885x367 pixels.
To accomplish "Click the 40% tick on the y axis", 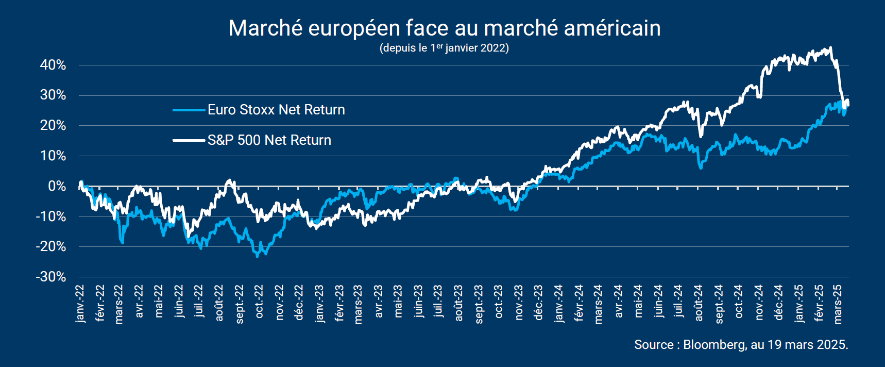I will coord(53,65).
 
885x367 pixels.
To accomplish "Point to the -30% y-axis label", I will coord(51,277).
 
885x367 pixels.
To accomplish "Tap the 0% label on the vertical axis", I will coord(57,186).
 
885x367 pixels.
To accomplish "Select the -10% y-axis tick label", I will coord(51,216).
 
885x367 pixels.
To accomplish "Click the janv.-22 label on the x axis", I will coord(80,304).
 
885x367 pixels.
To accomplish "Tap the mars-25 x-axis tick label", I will coord(838,304).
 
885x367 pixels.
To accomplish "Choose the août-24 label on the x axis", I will coord(699,303).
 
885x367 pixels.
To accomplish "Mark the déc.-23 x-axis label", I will coord(538,303).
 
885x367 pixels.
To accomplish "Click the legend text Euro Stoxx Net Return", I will coord(276,110).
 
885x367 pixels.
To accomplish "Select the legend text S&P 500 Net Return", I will coord(269,140).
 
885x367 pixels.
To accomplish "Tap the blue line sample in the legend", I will coord(189,110).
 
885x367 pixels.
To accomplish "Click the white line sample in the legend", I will coord(189,140).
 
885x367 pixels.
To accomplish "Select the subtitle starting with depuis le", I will coord(444,48).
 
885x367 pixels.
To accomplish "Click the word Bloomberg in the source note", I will coord(714,344).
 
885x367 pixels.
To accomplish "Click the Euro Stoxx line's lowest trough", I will coord(258,256).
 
